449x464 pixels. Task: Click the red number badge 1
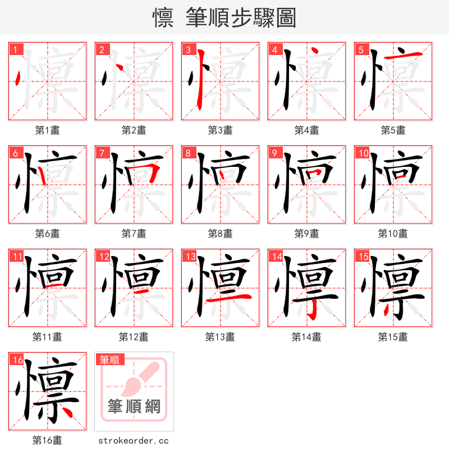click(16, 50)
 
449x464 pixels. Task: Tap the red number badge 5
click(361, 50)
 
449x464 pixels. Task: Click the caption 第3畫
click(220, 130)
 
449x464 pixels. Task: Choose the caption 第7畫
click(134, 234)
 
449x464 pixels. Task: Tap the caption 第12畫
click(134, 337)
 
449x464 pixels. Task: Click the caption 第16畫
click(47, 440)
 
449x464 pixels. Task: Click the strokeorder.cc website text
click(134, 441)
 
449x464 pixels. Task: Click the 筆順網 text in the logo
click(134, 407)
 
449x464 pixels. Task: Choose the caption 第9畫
click(306, 234)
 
